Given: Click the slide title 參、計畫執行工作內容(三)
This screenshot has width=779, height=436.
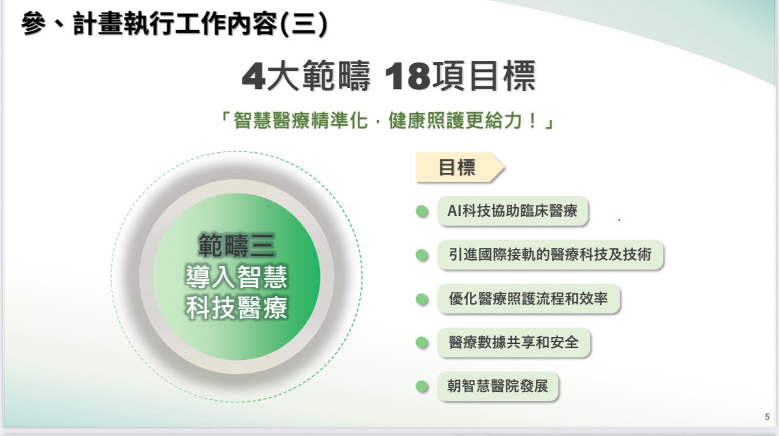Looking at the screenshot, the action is coord(174,24).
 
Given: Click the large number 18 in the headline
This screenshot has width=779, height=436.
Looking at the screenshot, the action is coord(407,76).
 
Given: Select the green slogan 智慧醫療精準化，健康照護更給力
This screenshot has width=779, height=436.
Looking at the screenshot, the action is coord(387,120).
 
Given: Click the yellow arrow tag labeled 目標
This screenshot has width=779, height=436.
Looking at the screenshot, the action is coord(460,167).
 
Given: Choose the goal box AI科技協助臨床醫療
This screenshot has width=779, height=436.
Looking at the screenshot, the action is coord(513,211).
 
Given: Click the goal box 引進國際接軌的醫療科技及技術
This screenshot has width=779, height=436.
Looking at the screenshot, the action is coord(550,255).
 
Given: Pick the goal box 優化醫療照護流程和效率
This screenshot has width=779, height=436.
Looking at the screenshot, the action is coord(529,299).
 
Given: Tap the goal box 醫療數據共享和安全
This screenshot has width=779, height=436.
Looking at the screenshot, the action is coord(514,342).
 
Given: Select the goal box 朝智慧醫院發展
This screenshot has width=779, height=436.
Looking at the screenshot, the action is coord(498,386).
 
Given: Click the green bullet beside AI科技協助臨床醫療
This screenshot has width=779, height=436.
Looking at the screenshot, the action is coord(422,211).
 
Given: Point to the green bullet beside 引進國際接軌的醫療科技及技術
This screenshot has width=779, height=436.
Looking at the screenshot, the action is coord(422,255).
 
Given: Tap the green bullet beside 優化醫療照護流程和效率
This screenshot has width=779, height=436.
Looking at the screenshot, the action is coord(422,299).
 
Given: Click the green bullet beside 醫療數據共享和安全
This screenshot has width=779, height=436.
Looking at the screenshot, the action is coord(422,342).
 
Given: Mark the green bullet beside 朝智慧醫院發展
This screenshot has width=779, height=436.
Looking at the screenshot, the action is coord(422,386).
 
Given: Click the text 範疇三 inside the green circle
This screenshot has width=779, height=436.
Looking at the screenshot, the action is coord(237,245).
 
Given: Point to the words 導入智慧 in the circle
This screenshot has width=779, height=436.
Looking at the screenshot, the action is coord(237,277).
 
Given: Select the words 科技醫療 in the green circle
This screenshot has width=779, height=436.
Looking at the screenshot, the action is coord(237,308).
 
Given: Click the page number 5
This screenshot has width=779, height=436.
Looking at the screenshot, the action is coord(767,417).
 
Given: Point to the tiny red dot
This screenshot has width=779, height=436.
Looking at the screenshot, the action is coord(620,219).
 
